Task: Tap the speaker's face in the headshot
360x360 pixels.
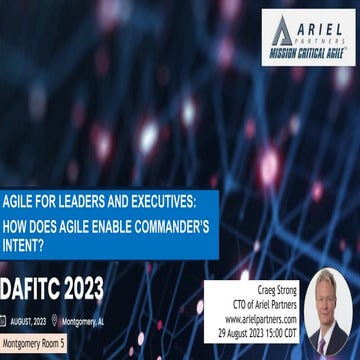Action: (x=328, y=300)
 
